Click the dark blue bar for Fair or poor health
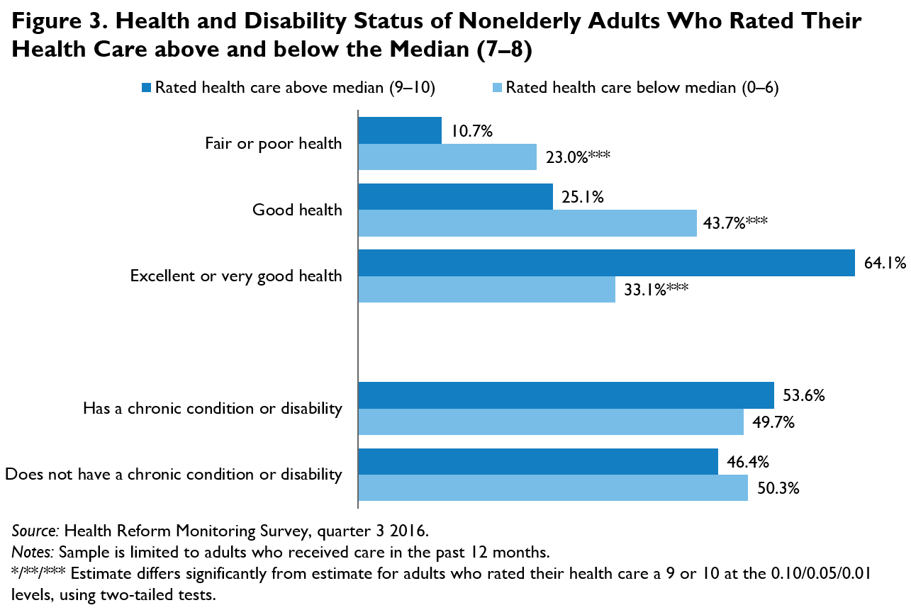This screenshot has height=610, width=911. [400, 130]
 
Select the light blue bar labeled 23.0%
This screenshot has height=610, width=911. [447, 157]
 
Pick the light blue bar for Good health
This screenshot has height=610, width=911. [527, 223]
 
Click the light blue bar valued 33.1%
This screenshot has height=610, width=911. [486, 290]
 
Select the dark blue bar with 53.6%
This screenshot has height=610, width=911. [566, 395]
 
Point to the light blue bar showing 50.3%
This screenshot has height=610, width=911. [553, 488]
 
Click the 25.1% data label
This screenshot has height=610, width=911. [583, 198]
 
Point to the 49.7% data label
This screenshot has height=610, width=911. [773, 423]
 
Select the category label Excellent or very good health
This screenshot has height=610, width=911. [236, 276]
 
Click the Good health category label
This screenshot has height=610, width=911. [297, 210]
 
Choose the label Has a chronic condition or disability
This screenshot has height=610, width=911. [213, 409]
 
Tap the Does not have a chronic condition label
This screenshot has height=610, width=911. [174, 475]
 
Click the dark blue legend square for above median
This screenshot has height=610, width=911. [147, 89]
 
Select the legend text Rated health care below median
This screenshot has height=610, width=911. [642, 88]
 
